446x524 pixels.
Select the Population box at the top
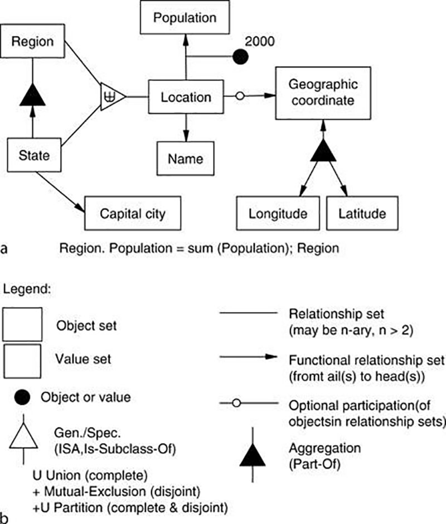click(185, 18)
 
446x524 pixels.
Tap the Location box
click(186, 97)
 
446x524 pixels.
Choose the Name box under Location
click(186, 158)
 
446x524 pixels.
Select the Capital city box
click(132, 213)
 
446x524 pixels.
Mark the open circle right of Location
click(240, 97)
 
